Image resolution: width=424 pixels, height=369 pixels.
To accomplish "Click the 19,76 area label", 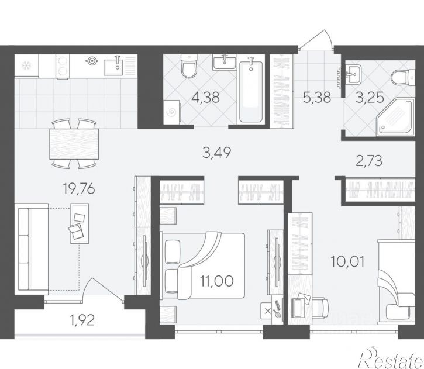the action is click(79, 188).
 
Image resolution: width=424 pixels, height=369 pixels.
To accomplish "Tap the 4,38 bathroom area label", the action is click(205, 97).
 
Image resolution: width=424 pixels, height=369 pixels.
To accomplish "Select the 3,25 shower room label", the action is click(370, 97).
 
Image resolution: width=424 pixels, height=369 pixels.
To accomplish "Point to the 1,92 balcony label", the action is click(82, 320).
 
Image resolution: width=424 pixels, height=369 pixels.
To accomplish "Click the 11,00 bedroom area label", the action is click(217, 281).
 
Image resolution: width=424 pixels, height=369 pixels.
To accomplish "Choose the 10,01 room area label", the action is click(347, 261).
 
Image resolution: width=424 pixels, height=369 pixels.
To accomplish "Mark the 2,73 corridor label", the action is click(369, 161).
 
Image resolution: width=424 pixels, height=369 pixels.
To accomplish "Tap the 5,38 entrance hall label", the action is click(317, 97).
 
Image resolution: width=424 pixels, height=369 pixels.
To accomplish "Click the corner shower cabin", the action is click(395, 117).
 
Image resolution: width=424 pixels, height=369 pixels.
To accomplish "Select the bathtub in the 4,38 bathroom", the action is click(251, 92).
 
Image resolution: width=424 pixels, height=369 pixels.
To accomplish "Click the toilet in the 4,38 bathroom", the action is click(189, 66).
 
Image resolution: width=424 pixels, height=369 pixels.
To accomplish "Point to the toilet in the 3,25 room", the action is click(403, 78).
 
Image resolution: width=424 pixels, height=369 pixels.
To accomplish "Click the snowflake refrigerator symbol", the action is click(26, 65).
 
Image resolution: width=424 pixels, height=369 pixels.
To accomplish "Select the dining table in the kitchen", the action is click(74, 144).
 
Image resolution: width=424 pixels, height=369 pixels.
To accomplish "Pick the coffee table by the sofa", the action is click(80, 223).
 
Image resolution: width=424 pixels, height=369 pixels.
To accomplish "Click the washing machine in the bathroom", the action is click(171, 112).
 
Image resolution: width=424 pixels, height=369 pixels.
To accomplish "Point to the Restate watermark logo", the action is click(390, 358).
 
